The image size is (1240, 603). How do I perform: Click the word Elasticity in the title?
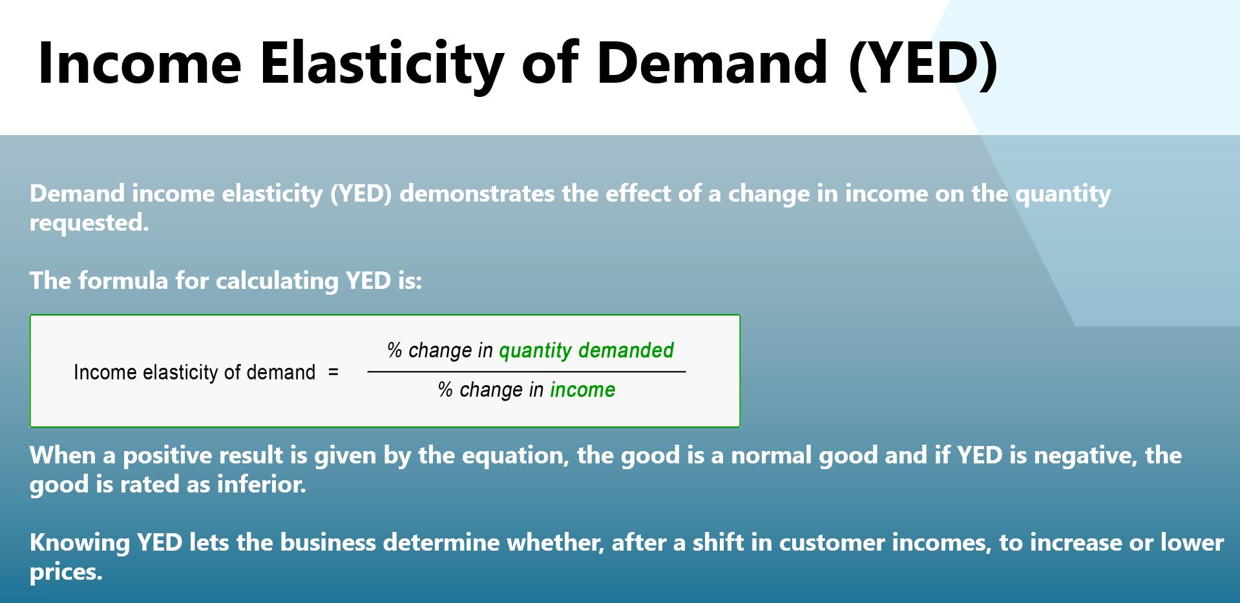(382, 63)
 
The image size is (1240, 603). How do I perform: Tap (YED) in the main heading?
(923, 63)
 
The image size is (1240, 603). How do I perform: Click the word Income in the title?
(140, 63)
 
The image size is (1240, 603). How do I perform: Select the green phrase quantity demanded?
(586, 350)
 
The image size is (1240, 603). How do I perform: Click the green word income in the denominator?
(582, 390)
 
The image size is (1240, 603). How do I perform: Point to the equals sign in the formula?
(333, 372)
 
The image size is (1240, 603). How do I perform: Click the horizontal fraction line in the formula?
(526, 372)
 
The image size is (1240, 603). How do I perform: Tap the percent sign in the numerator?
(394, 350)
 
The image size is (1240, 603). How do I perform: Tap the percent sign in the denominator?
(445, 390)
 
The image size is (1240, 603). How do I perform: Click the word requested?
(89, 223)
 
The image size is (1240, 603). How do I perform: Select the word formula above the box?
(123, 280)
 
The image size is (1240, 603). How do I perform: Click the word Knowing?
(79, 542)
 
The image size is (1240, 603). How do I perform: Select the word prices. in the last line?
(66, 572)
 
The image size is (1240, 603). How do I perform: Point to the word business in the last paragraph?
(328, 542)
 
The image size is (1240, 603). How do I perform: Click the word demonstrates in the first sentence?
(477, 194)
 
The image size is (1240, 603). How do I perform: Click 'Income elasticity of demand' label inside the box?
(194, 372)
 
